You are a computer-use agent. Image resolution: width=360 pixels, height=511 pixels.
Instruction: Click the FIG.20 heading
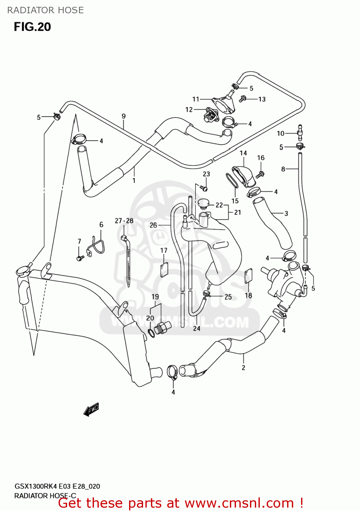tap(32, 27)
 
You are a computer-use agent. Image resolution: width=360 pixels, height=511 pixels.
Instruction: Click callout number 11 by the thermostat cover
tap(195, 99)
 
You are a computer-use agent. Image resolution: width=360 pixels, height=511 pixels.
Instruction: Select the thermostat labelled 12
tap(211, 116)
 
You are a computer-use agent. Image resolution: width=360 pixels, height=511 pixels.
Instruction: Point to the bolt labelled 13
tap(243, 99)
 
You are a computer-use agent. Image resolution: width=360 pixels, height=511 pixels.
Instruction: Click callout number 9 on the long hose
tap(124, 116)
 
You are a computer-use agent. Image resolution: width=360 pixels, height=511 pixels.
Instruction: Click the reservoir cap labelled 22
tap(203, 203)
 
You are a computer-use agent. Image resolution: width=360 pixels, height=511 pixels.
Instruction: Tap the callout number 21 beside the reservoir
tap(237, 212)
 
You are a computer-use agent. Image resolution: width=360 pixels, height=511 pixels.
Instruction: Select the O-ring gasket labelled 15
tap(232, 180)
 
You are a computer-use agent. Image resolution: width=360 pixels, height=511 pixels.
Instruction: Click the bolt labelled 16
tap(260, 174)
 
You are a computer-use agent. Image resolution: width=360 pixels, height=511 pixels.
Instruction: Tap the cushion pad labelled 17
tap(165, 270)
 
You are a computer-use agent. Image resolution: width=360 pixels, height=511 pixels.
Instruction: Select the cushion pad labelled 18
tap(249, 276)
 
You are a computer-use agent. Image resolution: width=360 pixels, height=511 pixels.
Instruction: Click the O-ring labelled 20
tap(152, 333)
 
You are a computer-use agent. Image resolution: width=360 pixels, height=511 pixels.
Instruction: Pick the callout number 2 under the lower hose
tap(243, 368)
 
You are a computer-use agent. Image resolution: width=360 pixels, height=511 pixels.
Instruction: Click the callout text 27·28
tap(124, 221)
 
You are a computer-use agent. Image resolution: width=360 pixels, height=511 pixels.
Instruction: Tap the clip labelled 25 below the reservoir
tap(206, 293)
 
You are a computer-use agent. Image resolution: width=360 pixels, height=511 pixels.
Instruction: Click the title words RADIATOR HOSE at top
tap(45, 10)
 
